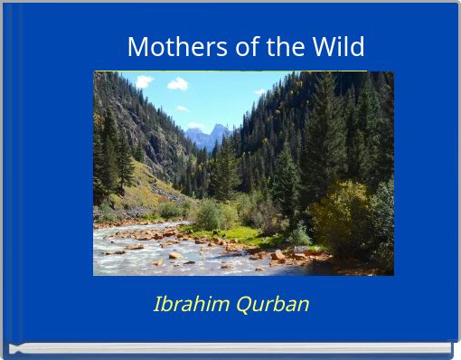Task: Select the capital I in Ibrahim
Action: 157,304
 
